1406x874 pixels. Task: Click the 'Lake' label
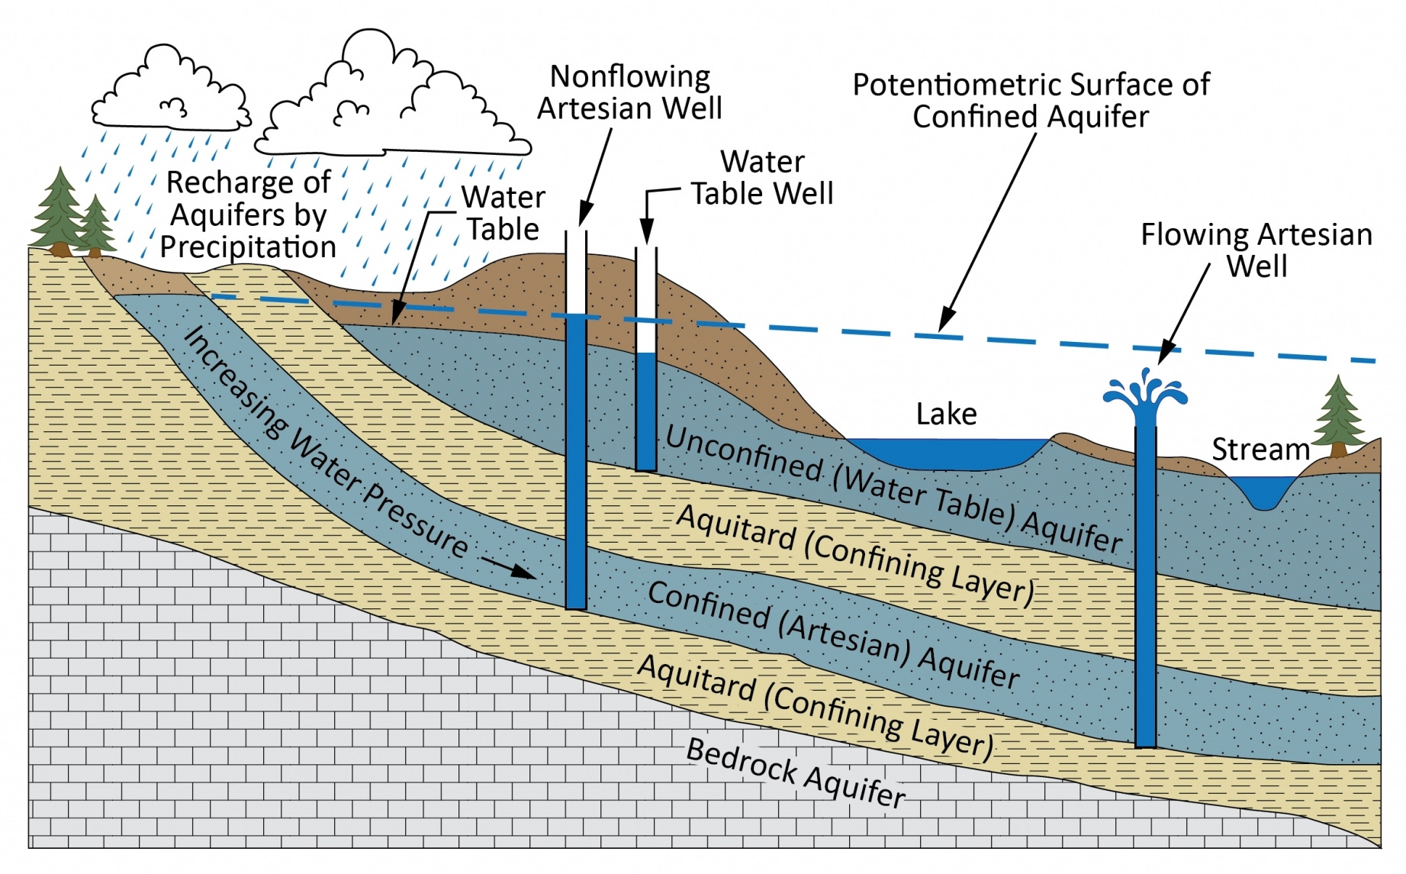(x=946, y=414)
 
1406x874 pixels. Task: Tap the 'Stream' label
(x=1260, y=450)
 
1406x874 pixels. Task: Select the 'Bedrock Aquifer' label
(x=796, y=772)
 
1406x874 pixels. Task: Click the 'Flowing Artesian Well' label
(x=1256, y=250)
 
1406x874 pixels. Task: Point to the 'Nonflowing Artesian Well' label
(x=629, y=92)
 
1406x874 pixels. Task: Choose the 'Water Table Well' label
(x=762, y=178)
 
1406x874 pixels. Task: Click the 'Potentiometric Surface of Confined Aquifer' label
(x=1031, y=101)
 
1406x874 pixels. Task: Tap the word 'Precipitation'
(x=248, y=247)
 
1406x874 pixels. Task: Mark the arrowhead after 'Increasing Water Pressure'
(x=526, y=572)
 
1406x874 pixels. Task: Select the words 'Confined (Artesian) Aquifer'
(x=832, y=635)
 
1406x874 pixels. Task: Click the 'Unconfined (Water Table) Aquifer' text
(x=893, y=489)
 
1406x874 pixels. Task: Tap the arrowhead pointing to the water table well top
(x=647, y=234)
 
